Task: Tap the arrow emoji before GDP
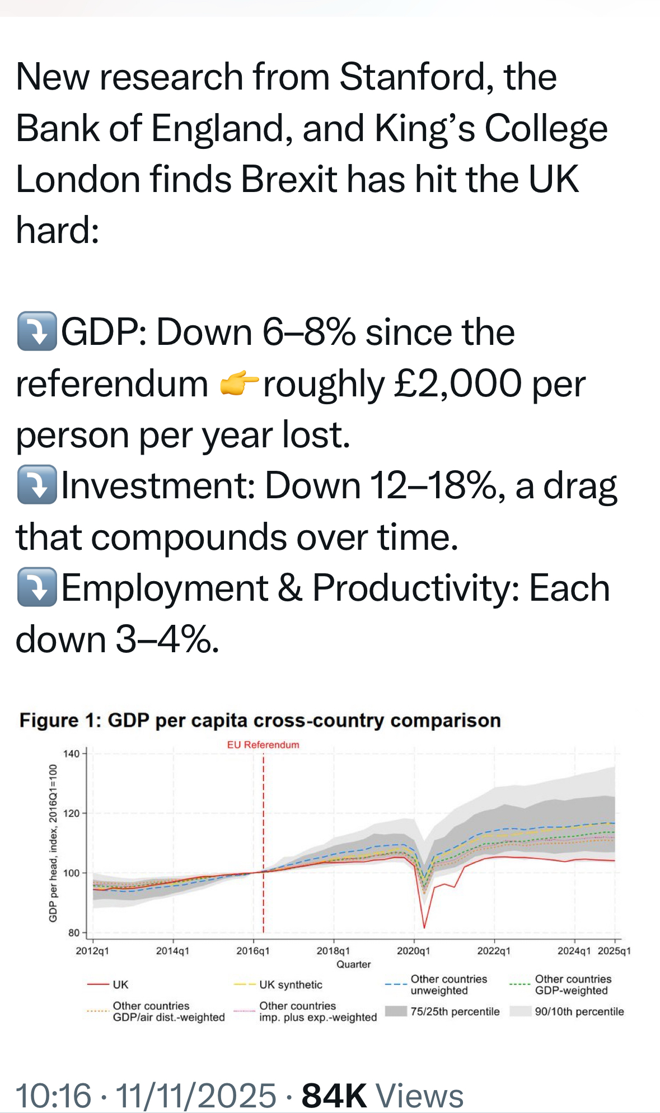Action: (37, 331)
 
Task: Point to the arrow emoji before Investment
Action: (37, 485)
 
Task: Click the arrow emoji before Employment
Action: (37, 587)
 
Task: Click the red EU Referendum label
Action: (263, 745)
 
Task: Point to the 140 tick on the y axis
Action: (71, 754)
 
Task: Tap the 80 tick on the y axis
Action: (73, 933)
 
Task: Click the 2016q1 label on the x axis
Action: (253, 951)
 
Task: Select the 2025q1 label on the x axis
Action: (614, 951)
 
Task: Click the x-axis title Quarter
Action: (353, 964)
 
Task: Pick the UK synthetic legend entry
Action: (291, 985)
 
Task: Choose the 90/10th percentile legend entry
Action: (579, 1012)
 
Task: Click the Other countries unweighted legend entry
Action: (448, 984)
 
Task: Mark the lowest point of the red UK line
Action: (424, 928)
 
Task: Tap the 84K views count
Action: (334, 1095)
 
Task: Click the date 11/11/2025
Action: (196, 1095)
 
